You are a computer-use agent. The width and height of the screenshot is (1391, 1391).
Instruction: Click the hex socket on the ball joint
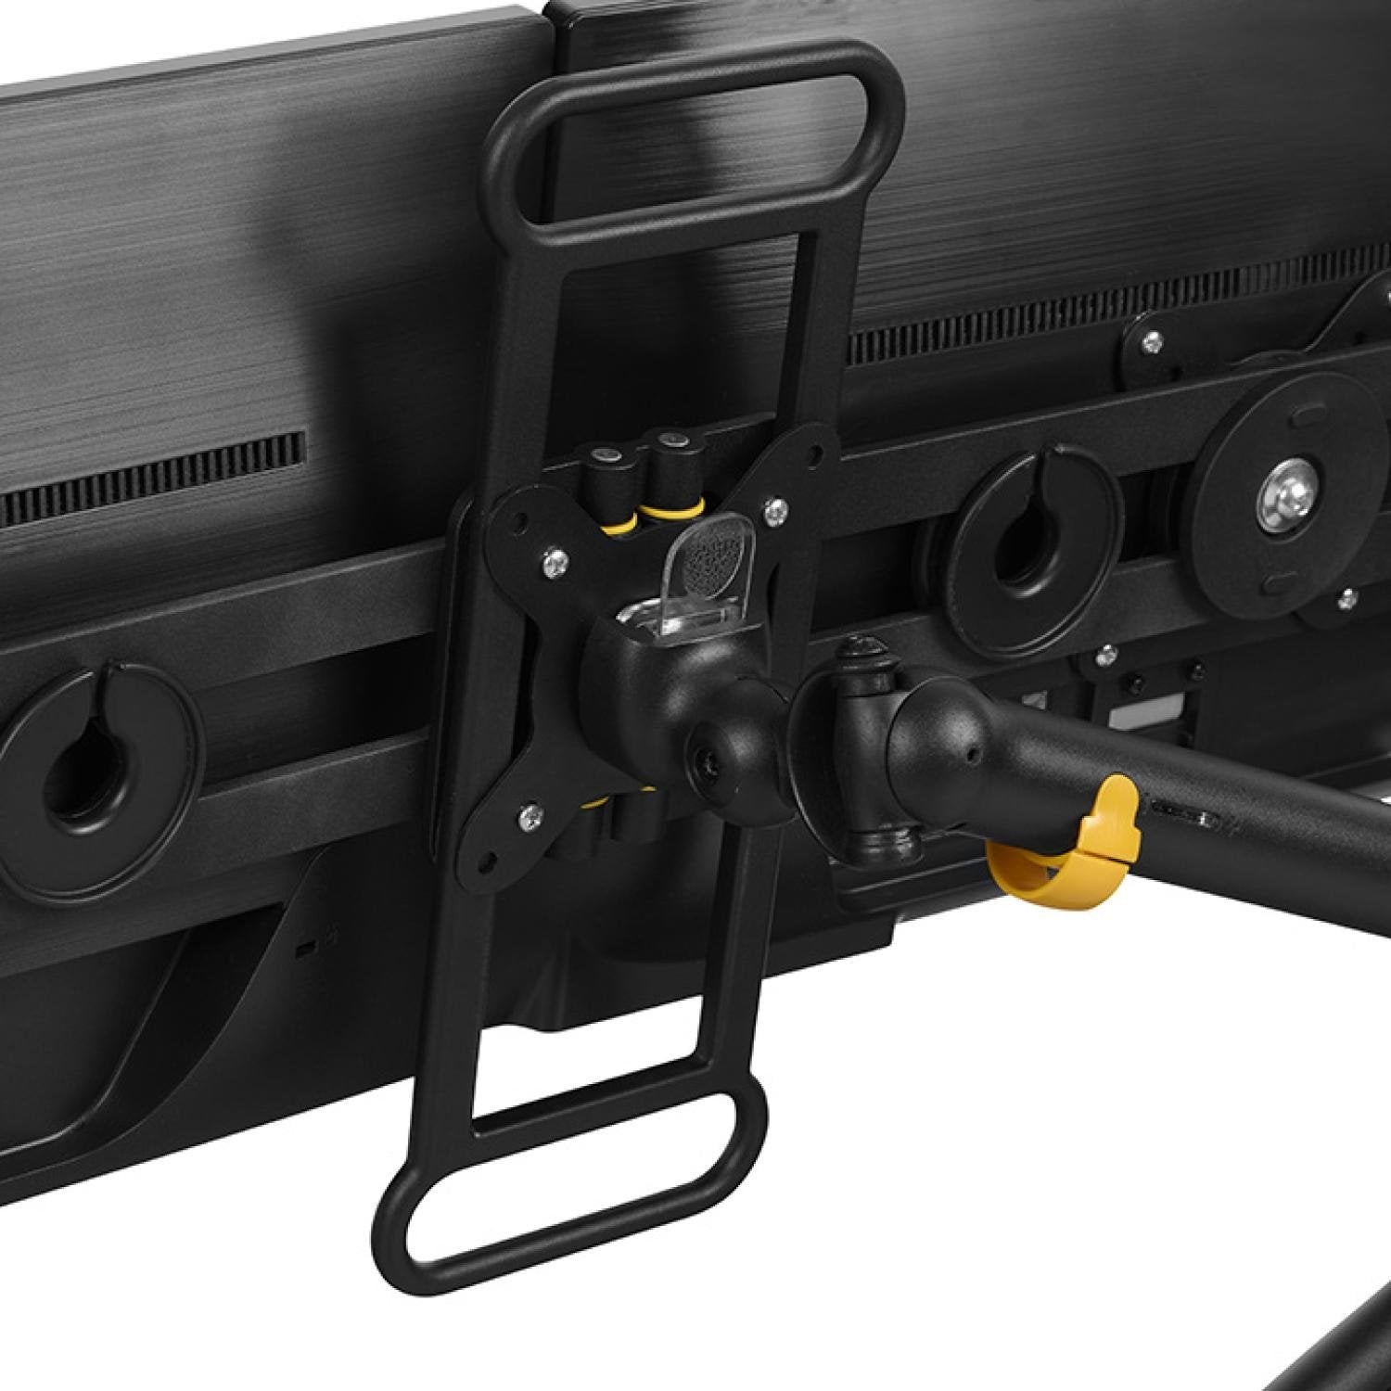pyautogui.click(x=707, y=762)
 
